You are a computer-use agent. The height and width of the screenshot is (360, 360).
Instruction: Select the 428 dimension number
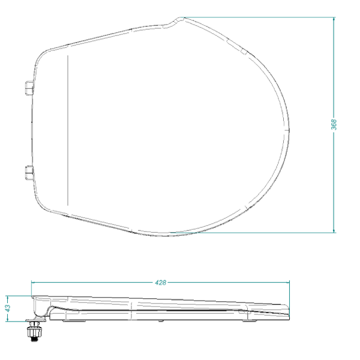click(160, 282)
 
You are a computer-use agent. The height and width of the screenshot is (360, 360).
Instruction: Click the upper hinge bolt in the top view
click(28, 89)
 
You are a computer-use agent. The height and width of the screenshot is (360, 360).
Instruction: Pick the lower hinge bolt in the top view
click(28, 173)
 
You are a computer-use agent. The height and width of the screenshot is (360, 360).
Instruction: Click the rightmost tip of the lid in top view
click(289, 129)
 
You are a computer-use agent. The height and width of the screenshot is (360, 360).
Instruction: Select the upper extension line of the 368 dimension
click(258, 17)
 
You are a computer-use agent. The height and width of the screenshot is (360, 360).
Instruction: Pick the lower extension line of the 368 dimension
click(252, 233)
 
